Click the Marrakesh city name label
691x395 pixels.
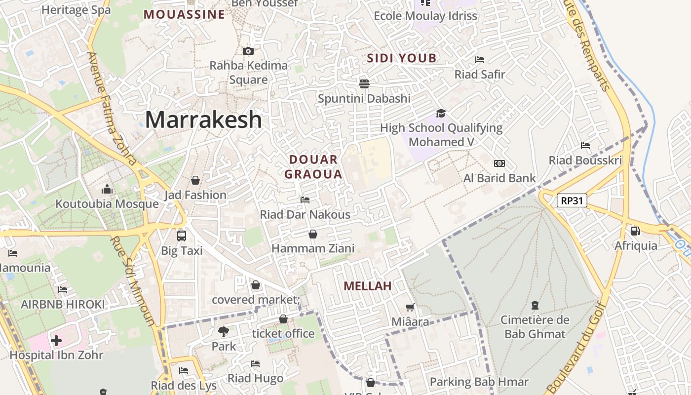pyautogui.click(x=203, y=119)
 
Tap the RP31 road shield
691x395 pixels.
pyautogui.click(x=572, y=200)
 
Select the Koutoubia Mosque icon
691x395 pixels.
pyautogui.click(x=107, y=189)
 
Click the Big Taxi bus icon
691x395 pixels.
pyautogui.click(x=182, y=236)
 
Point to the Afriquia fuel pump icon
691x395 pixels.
pyautogui.click(x=635, y=231)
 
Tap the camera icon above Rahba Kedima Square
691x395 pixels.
pyautogui.click(x=248, y=51)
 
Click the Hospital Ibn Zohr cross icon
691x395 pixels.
pyautogui.click(x=56, y=340)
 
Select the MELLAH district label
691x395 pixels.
pyautogui.click(x=367, y=286)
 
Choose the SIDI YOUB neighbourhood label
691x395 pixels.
pyautogui.click(x=402, y=58)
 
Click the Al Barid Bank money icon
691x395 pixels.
pyautogui.click(x=499, y=163)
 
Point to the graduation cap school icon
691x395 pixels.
pyautogui.click(x=441, y=113)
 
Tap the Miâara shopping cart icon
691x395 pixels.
pyautogui.click(x=410, y=307)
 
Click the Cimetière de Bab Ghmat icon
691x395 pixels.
pyautogui.click(x=535, y=305)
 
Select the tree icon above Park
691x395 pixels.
pyautogui.click(x=224, y=331)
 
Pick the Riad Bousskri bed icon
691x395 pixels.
pyautogui.click(x=585, y=146)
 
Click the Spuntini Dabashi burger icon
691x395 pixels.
pyautogui.click(x=364, y=83)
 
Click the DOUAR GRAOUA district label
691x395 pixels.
pyautogui.click(x=313, y=167)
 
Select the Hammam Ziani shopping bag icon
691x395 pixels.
pyautogui.click(x=312, y=234)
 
